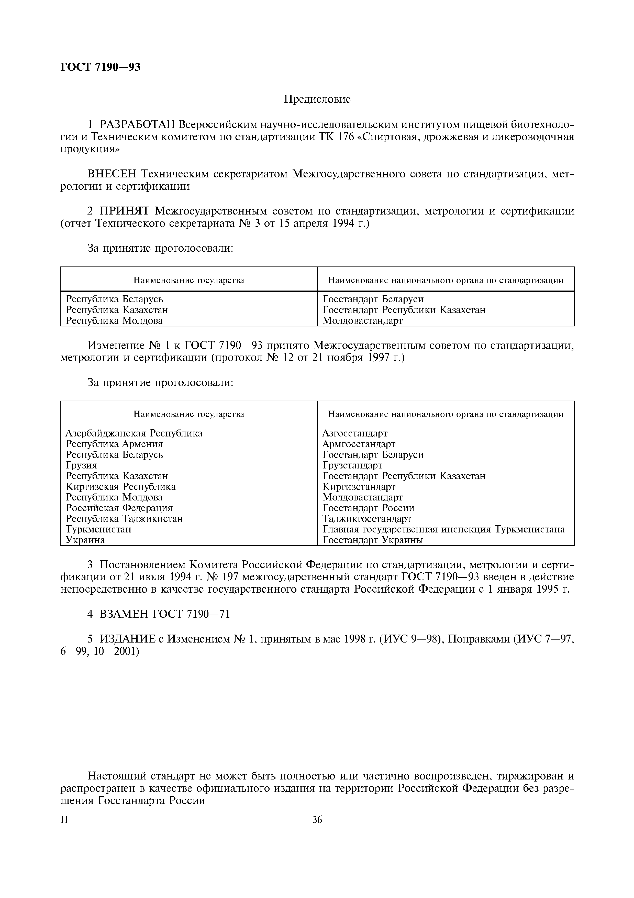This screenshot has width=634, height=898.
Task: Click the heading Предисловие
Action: point(317,99)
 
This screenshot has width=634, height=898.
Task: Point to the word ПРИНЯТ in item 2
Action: point(125,211)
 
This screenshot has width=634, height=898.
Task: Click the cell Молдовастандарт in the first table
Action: point(362,321)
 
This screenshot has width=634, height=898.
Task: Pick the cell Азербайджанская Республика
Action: point(134,433)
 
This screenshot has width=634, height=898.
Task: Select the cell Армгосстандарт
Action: point(359,444)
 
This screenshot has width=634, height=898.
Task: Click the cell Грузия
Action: point(81,465)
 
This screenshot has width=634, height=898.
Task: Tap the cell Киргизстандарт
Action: point(359,487)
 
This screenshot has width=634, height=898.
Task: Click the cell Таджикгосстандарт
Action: point(366,519)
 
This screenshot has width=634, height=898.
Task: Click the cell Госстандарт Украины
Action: point(373,540)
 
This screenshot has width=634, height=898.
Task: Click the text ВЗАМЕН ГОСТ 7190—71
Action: point(164,614)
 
